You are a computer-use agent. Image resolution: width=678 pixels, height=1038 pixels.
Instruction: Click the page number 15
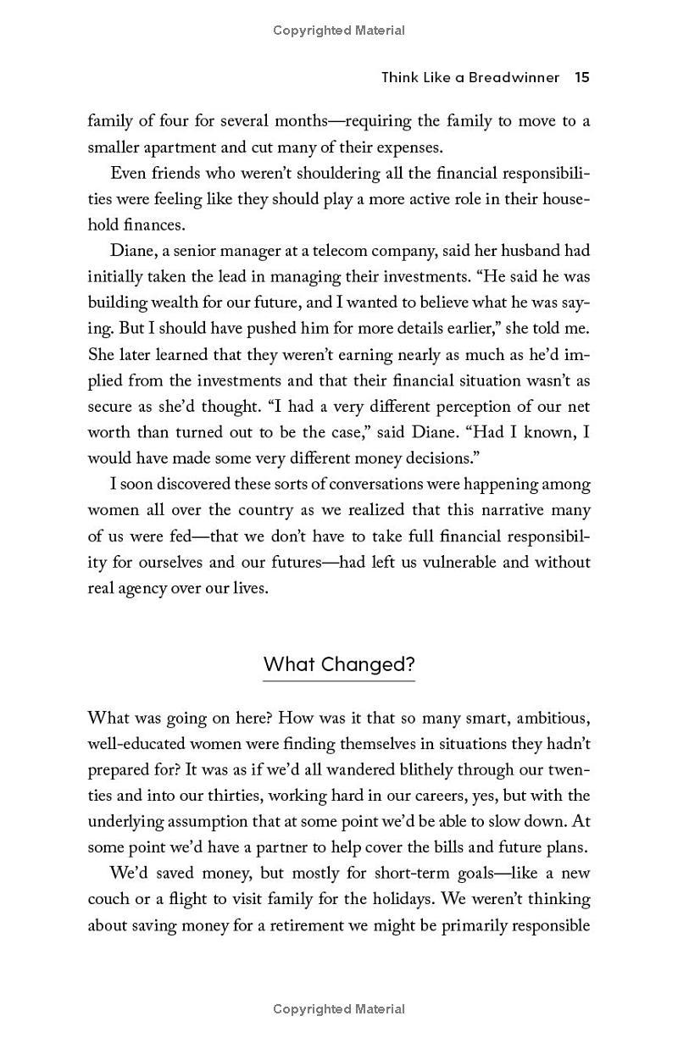click(x=581, y=77)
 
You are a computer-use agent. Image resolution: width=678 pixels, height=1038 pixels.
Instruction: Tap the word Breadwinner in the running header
click(x=516, y=77)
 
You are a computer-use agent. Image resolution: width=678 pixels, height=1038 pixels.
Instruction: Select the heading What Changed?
click(x=339, y=663)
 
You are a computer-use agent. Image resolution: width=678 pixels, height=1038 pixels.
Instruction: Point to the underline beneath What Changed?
click(x=339, y=680)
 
